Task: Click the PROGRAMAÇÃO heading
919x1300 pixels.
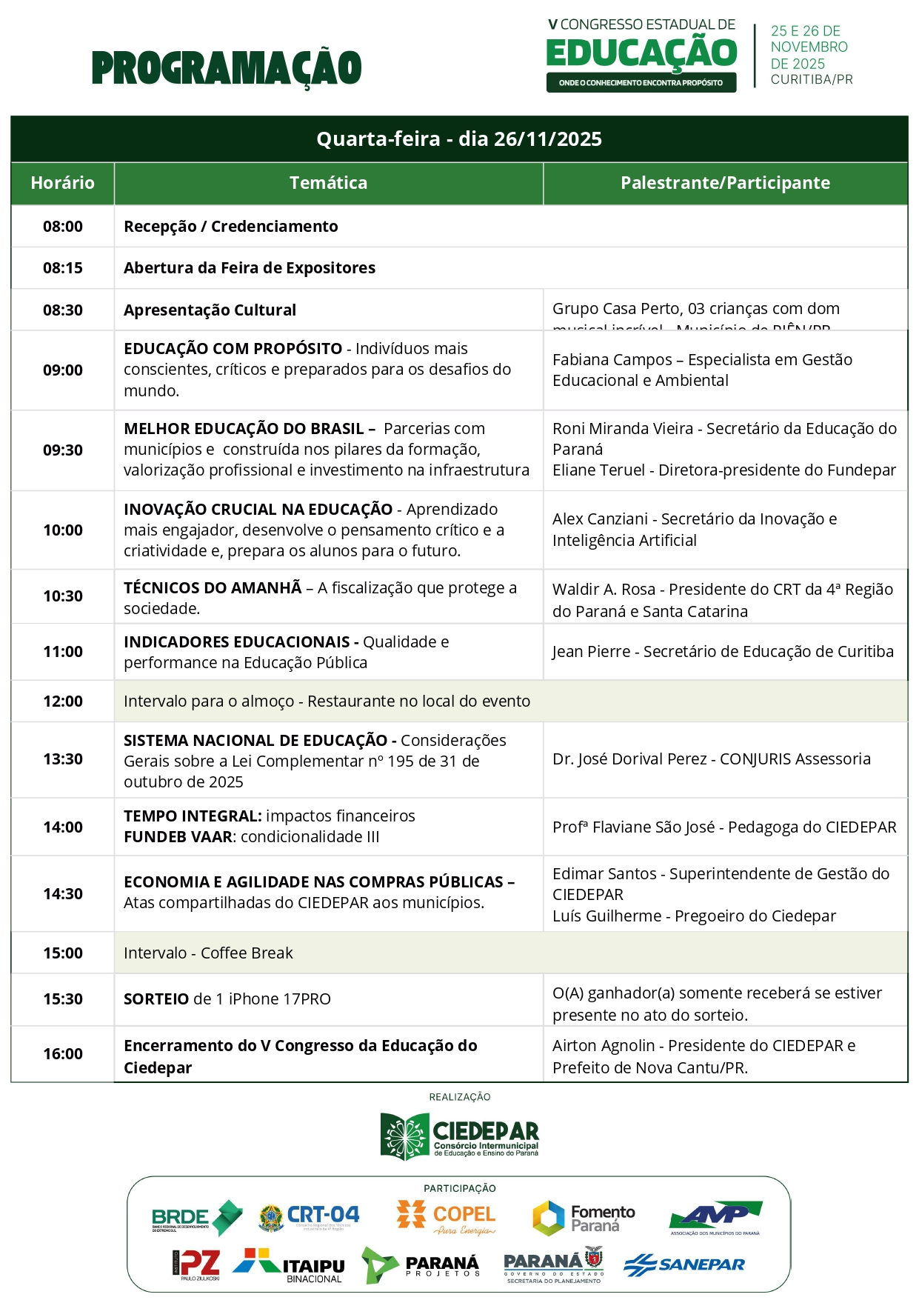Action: (227, 68)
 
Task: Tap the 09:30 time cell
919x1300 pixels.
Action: (63, 450)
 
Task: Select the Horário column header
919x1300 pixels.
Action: (63, 183)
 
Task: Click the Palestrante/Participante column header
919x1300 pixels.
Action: (725, 183)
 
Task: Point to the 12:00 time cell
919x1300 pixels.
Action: (63, 701)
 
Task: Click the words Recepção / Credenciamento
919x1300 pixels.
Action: (230, 227)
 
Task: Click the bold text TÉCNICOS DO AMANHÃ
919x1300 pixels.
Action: (213, 588)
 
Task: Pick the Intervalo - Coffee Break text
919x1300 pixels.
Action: (208, 953)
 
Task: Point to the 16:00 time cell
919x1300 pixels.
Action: (63, 1054)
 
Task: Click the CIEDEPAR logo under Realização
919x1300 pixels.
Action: (459, 1136)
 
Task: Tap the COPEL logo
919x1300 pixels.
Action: (447, 1219)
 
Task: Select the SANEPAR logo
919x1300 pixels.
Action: (684, 1264)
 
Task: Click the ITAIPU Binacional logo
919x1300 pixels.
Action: (290, 1265)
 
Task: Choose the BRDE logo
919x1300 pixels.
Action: (196, 1219)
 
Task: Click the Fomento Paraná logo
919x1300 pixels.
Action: (584, 1219)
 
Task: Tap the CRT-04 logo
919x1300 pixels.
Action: (309, 1217)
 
